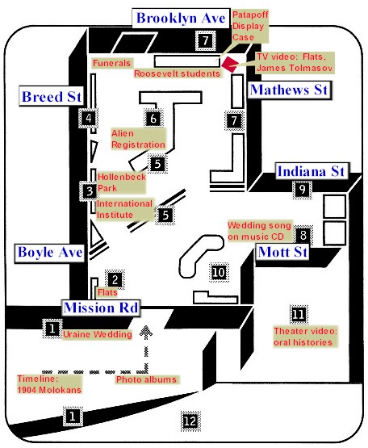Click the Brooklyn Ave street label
pyautogui.click(x=181, y=19)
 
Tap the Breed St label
pyautogui.click(x=52, y=97)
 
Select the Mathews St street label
pyautogui.click(x=289, y=90)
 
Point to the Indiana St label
pyautogui.click(x=312, y=171)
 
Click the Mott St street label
pyautogui.click(x=282, y=253)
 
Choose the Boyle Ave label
pyautogui.click(x=50, y=253)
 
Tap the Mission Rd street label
pyautogui.click(x=101, y=308)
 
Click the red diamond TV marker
pyautogui.click(x=230, y=65)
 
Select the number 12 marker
pyautogui.click(x=190, y=421)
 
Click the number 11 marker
pyautogui.click(x=299, y=315)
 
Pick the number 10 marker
pyautogui.click(x=219, y=272)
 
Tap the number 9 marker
pyautogui.click(x=303, y=190)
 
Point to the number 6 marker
pyautogui.click(x=153, y=119)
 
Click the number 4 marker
pyautogui.click(x=89, y=118)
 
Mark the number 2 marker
pyautogui.click(x=115, y=279)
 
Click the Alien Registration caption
pyautogui.click(x=138, y=139)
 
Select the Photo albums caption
pyautogui.click(x=146, y=379)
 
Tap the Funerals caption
pyautogui.click(x=111, y=63)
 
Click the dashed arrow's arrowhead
pyautogui.click(x=146, y=333)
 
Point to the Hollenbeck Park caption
pyautogui.click(x=121, y=183)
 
